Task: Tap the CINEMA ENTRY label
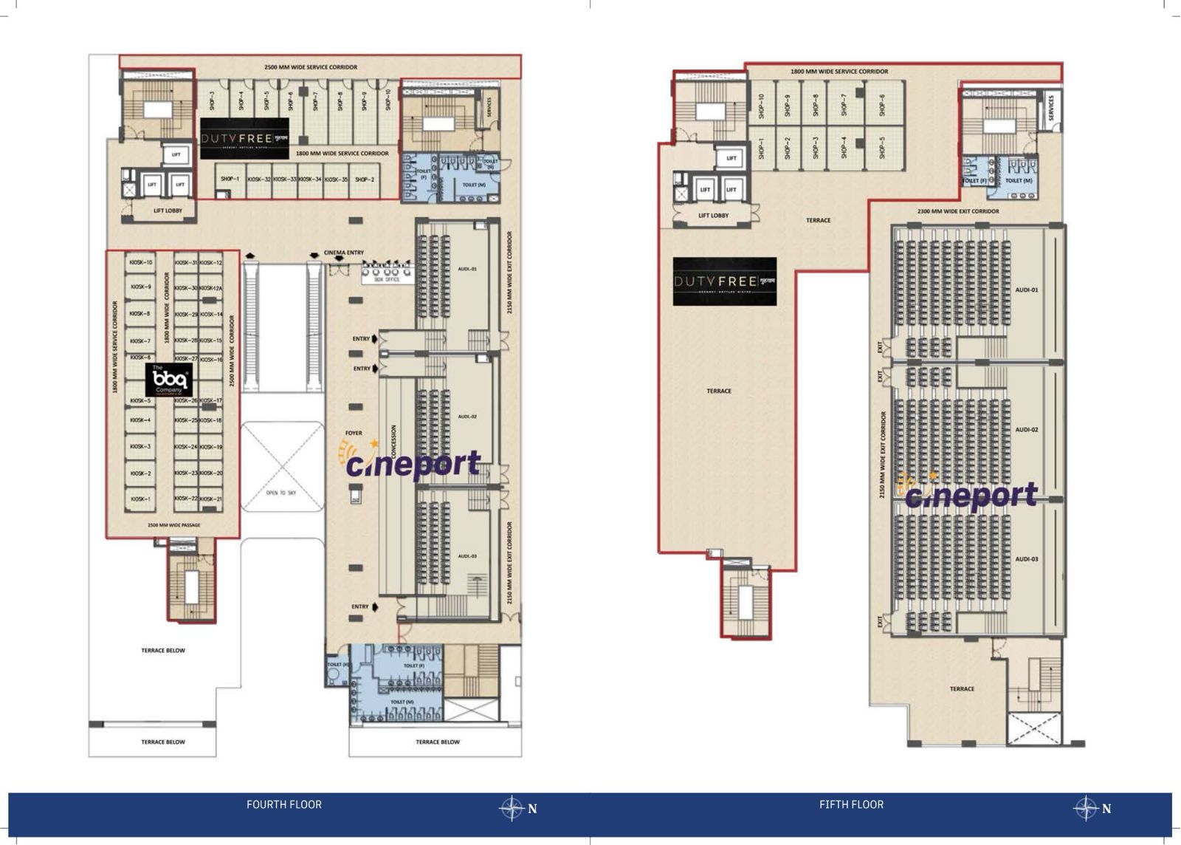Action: point(344,253)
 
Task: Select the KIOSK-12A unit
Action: point(210,288)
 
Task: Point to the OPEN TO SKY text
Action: point(280,493)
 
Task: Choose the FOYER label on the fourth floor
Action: point(354,433)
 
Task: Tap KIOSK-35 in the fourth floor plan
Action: point(336,179)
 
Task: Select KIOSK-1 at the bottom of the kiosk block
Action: point(140,499)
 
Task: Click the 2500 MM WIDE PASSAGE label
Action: point(173,525)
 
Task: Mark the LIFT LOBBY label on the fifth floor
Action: point(713,216)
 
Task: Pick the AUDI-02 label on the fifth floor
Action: point(1026,429)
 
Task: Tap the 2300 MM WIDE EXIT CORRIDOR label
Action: point(958,211)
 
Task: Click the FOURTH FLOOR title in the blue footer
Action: point(284,804)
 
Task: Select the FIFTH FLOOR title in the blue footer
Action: point(851,804)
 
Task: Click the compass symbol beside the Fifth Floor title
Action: point(1086,808)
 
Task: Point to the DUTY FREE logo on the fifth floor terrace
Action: point(724,281)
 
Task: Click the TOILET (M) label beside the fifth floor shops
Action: point(1019,180)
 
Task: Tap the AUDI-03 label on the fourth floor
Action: point(467,556)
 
